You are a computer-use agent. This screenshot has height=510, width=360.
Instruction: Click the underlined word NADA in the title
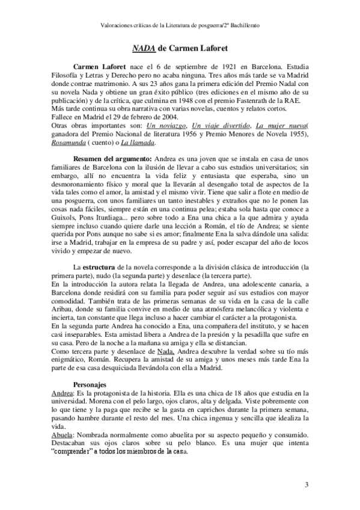[x=143, y=52]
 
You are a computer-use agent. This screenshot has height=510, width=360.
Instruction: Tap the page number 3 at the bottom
[x=307, y=485]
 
